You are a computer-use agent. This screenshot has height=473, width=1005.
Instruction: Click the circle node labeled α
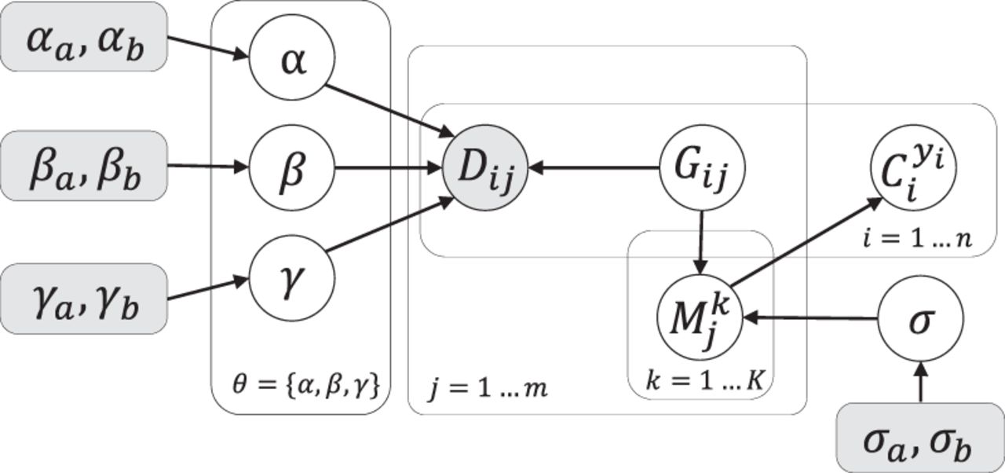coord(292,61)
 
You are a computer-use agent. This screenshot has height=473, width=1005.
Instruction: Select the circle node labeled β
coord(292,167)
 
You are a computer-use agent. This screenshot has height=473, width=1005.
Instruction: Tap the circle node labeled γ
coord(292,278)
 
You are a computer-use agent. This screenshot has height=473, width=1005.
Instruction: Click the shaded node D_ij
coord(484,167)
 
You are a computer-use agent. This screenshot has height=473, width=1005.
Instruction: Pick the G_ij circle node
coord(701,167)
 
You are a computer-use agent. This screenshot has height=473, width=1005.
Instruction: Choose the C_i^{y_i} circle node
coord(913,167)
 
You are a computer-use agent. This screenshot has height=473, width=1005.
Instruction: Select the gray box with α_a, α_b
coord(83,37)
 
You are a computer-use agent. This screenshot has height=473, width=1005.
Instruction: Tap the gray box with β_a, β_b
coord(83,167)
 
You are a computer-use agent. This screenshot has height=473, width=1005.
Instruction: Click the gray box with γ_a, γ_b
coord(83,299)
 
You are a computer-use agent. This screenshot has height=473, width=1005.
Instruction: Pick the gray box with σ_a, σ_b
coord(919,438)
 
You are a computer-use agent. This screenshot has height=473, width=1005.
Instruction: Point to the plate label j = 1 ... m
coord(488,387)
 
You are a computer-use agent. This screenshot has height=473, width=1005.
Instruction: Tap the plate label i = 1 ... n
coord(916,238)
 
